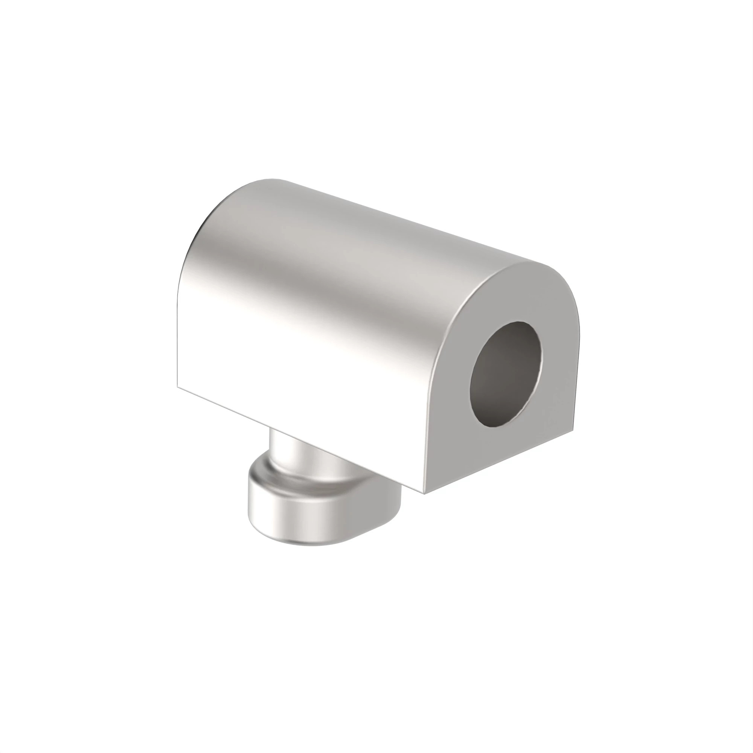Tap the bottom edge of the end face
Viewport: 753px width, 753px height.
[x=499, y=462]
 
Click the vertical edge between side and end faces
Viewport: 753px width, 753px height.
[x=429, y=421]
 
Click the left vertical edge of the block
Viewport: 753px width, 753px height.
[x=178, y=331]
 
